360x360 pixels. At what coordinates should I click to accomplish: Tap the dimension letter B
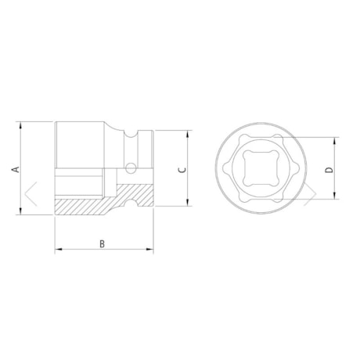click(x=103, y=244)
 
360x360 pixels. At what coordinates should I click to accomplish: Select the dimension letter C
click(x=181, y=169)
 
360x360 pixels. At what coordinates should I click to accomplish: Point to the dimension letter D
click(x=329, y=169)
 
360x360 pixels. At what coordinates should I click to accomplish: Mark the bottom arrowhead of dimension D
click(x=337, y=196)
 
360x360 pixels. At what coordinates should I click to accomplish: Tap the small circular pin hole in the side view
click(x=130, y=167)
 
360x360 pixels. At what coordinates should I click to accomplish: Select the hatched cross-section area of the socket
click(x=86, y=206)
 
